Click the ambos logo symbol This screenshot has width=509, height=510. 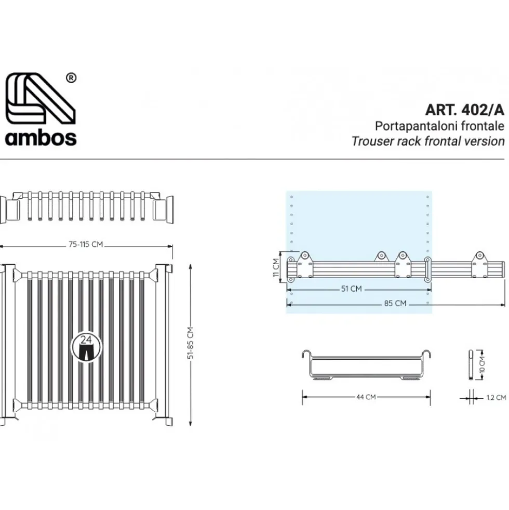point(41,98)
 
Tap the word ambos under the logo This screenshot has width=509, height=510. point(41,138)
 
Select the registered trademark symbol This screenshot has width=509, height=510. point(71,78)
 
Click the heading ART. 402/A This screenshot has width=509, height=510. point(464,110)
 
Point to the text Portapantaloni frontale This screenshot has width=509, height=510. point(439,126)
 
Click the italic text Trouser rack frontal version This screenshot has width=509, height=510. point(428,141)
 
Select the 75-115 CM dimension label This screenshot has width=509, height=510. point(86,244)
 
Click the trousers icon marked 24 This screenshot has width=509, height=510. point(86,347)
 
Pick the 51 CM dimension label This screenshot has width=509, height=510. point(351,289)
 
